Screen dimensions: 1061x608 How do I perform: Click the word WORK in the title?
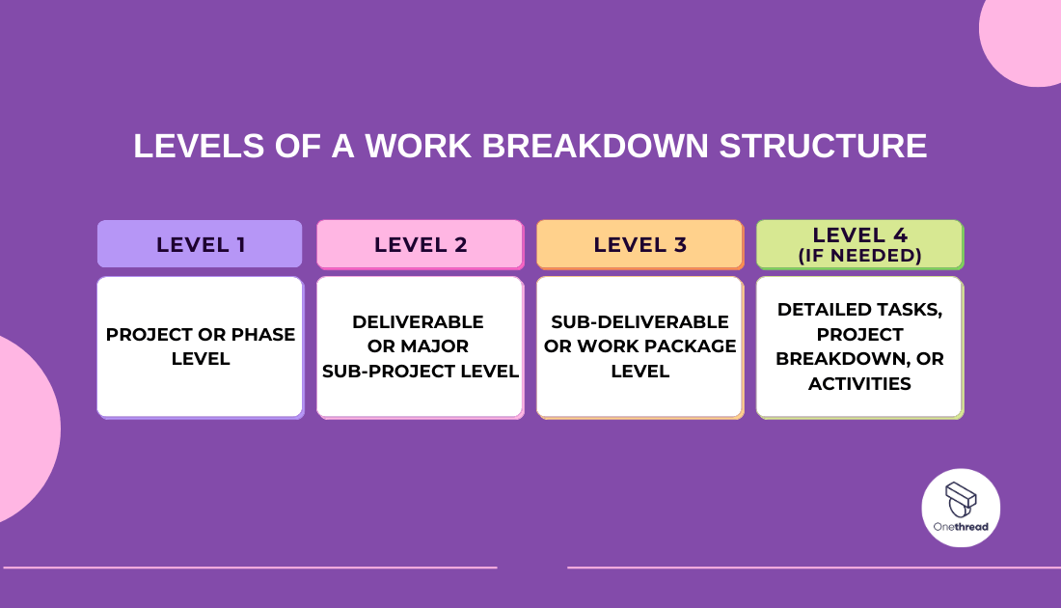pos(418,146)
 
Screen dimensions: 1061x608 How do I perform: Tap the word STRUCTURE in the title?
pos(823,146)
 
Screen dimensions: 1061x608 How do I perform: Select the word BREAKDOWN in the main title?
pos(595,146)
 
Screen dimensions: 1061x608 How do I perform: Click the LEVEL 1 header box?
pos(200,244)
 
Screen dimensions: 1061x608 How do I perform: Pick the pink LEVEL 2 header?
pos(420,244)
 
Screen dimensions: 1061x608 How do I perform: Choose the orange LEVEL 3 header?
pos(639,244)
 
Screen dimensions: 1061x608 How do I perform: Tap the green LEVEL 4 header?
pos(859,244)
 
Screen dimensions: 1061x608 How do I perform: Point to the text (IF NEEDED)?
pos(859,256)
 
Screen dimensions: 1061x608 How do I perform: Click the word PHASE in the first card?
pos(263,335)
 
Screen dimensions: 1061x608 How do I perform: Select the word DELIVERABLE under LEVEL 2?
pos(419,321)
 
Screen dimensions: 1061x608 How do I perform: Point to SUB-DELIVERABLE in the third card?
pos(639,321)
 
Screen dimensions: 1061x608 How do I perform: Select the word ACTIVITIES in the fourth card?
pos(859,384)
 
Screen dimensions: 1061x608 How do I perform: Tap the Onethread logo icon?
pos(961,500)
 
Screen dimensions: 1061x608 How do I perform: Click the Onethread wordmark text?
pos(961,527)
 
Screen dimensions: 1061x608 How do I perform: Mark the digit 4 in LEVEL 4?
pos(900,235)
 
